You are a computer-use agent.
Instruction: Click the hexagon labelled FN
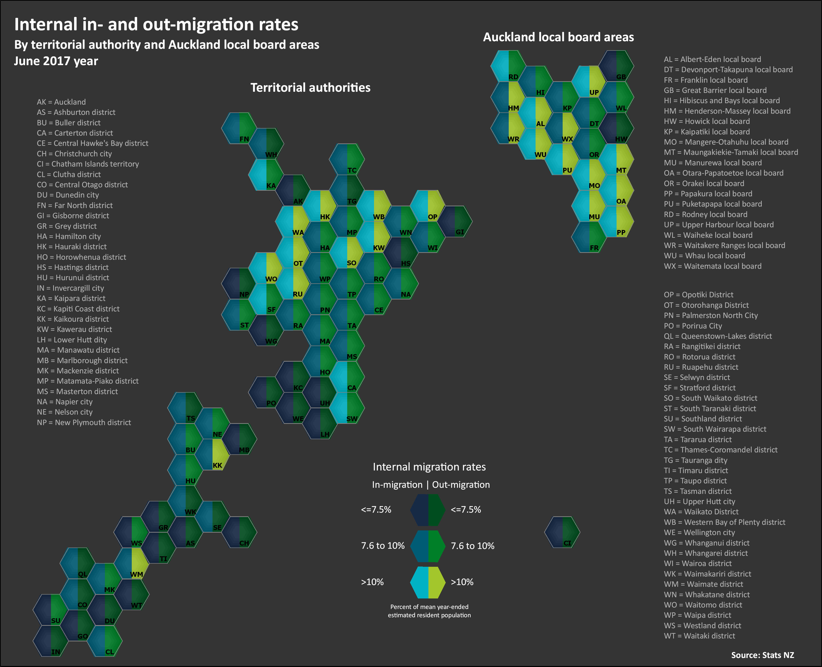[x=239, y=128]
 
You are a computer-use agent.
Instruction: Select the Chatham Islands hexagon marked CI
[x=562, y=532]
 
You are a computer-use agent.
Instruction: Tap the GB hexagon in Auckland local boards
[x=616, y=66]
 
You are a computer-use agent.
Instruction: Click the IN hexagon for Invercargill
[x=51, y=641]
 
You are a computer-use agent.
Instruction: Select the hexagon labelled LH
[x=320, y=423]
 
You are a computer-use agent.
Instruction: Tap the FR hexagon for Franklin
[x=589, y=237]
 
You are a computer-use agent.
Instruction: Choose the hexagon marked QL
[x=78, y=563]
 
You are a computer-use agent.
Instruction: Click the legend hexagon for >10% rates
[x=428, y=582]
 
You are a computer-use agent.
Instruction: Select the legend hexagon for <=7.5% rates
[x=428, y=510]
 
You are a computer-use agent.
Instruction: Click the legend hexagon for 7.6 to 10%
[x=428, y=546]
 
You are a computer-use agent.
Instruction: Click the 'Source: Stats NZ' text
[x=762, y=655]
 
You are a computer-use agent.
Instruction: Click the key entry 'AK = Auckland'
[x=61, y=102]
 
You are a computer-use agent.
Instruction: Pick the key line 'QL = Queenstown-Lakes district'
[x=718, y=336]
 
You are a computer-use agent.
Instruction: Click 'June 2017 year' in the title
[x=56, y=61]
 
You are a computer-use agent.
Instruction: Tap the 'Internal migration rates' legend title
[x=429, y=467]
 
